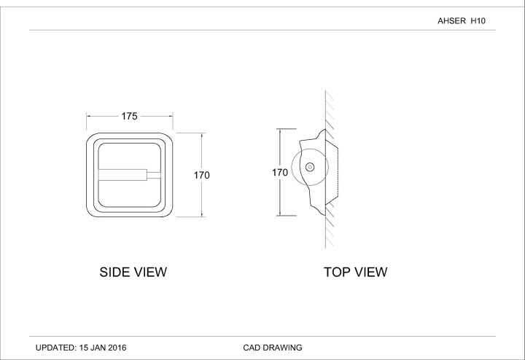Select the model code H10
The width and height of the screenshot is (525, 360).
point(478,22)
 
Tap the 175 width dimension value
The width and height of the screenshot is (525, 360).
point(130,116)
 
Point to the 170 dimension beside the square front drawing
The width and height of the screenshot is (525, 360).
point(202,175)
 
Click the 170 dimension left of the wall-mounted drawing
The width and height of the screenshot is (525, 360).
point(279,173)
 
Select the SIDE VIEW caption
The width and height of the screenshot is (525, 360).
point(133,273)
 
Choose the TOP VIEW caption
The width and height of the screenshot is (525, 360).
point(355,273)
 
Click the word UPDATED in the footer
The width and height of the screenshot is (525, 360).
point(55,348)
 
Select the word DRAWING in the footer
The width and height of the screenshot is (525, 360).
point(284,348)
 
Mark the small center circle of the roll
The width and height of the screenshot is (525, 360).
point(309,168)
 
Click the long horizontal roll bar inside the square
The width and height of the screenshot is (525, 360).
point(122,174)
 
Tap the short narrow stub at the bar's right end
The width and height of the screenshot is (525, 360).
point(153,174)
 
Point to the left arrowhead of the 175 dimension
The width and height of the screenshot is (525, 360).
point(89,116)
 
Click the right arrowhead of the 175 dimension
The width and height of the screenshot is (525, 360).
point(171,116)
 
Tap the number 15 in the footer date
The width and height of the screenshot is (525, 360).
point(86,348)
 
